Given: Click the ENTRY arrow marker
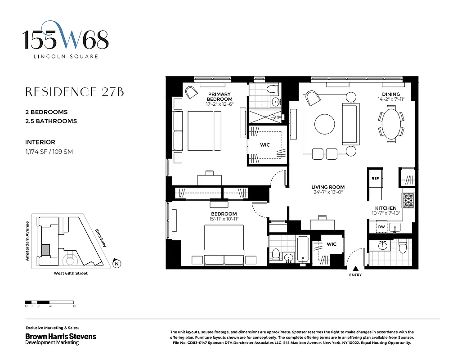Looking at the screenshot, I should click(x=355, y=269).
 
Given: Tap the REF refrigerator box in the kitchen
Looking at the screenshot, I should click(x=375, y=179).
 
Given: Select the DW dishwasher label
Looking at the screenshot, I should click(x=381, y=227).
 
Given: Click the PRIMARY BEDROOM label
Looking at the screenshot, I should click(x=220, y=96).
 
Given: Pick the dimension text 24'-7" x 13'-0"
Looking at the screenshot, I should click(x=328, y=193).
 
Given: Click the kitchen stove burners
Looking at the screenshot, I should click(x=408, y=200).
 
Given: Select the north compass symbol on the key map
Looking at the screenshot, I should click(x=116, y=264).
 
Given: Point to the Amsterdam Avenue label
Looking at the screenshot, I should click(x=27, y=241).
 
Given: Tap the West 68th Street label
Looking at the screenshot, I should click(x=67, y=274).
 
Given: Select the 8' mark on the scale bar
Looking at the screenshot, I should click(x=74, y=306).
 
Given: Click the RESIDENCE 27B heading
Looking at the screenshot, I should click(x=74, y=92).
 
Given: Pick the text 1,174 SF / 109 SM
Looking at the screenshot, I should click(x=49, y=152).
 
